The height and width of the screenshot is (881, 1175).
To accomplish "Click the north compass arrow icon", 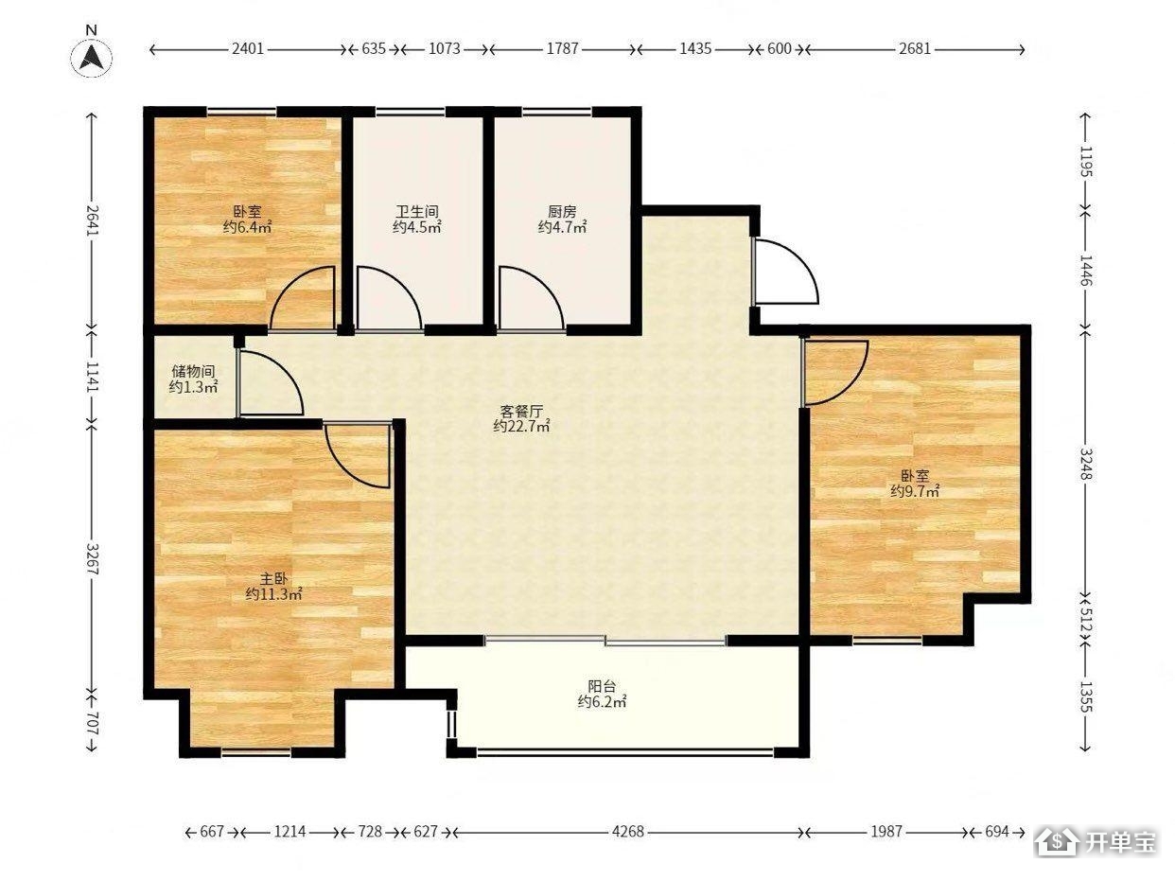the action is [x=92, y=58].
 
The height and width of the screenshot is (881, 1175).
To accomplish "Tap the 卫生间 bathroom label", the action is [x=416, y=211].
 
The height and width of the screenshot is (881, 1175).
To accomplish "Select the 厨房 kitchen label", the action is [x=562, y=211].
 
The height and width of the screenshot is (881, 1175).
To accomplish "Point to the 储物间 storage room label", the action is [x=193, y=371].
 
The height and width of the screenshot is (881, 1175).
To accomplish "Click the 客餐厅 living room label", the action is [x=521, y=411].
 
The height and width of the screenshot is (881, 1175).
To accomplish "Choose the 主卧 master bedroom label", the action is [x=273, y=578].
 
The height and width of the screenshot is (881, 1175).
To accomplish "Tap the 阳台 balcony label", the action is [x=602, y=686].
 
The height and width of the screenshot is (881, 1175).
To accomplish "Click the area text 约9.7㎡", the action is [x=915, y=491].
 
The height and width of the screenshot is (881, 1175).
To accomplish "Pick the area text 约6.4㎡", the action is [x=247, y=227].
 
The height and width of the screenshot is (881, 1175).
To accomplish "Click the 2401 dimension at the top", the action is [x=248, y=49].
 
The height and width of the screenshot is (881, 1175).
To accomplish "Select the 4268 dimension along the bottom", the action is [x=628, y=831].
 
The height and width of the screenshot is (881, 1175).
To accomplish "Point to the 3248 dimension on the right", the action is [x=1084, y=464].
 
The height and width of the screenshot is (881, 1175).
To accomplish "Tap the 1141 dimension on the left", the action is [x=92, y=377].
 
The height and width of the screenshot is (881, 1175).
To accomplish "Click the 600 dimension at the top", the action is [x=779, y=48].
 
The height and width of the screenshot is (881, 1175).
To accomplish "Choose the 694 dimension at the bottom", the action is [x=997, y=831].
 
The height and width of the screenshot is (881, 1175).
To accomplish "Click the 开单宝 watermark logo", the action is [x=1096, y=842].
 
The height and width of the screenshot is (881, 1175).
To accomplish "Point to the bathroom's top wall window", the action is [x=411, y=112].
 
